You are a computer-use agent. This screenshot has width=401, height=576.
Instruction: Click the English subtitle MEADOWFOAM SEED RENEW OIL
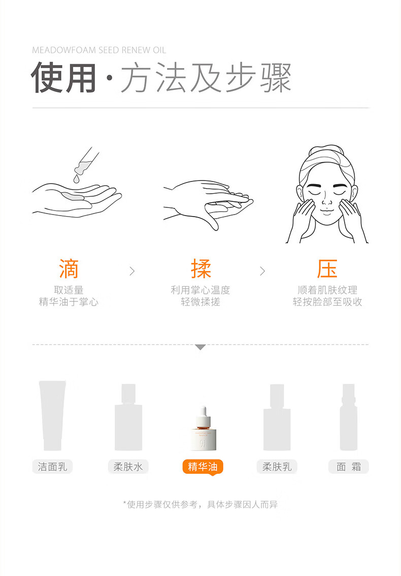[x=99, y=50]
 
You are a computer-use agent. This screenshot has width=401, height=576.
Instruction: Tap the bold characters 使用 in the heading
[x=63, y=78]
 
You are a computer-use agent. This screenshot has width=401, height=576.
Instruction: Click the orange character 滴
[x=69, y=268]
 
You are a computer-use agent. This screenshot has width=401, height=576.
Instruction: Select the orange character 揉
[x=201, y=268]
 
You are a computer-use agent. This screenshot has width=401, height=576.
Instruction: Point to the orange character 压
[x=327, y=268]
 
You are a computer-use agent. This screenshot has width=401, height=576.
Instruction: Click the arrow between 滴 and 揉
[x=132, y=271]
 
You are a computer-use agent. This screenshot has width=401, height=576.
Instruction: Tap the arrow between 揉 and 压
[x=262, y=271]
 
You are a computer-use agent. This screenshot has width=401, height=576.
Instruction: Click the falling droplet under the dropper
[x=76, y=178]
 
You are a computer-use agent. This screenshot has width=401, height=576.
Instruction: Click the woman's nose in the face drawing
[x=326, y=200]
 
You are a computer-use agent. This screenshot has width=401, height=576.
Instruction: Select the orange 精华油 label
[x=203, y=467]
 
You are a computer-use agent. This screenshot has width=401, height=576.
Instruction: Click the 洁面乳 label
[x=52, y=467]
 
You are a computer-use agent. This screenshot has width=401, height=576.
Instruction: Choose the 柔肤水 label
[x=128, y=467]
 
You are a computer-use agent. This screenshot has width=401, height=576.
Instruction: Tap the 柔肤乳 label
[x=277, y=467]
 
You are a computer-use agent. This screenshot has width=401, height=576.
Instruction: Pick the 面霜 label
[x=349, y=467]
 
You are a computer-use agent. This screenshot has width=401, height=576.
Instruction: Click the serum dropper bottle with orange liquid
[x=203, y=429]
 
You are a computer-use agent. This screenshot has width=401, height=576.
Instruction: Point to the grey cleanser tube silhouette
[x=52, y=415]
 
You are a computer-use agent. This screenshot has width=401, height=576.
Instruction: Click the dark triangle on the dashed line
[x=201, y=347]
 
